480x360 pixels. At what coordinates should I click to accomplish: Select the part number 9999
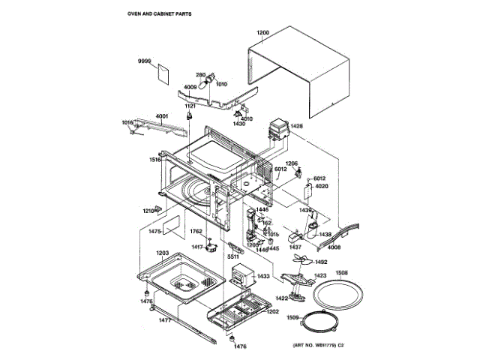[144, 60]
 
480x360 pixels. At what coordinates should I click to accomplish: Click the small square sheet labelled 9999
[160, 72]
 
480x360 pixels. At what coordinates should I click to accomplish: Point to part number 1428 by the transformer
[297, 126]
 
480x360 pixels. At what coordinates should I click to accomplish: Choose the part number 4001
[162, 115]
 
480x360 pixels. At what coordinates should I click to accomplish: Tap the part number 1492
[320, 262]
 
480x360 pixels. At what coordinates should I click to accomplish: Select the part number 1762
[196, 232]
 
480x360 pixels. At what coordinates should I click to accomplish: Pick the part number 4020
[322, 185]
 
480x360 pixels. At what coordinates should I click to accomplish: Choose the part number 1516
[154, 160]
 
